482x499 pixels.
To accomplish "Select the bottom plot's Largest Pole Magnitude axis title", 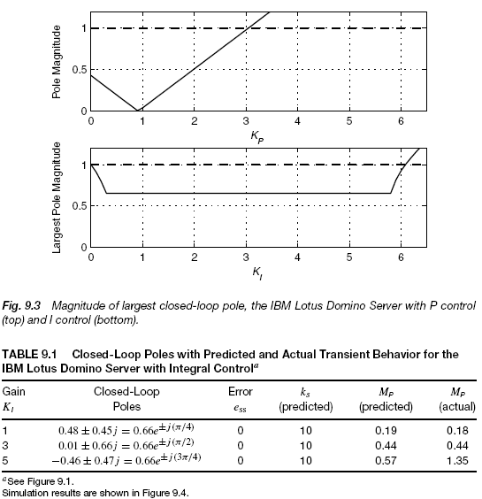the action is point(56,205).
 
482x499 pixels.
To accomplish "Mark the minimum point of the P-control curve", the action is point(139,111).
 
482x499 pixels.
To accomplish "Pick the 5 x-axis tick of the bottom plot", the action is point(349,257).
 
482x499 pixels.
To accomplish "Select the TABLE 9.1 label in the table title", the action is point(29,354).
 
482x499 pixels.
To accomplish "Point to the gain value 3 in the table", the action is point(5,446).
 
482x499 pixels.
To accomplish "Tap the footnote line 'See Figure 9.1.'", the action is point(37,478).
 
